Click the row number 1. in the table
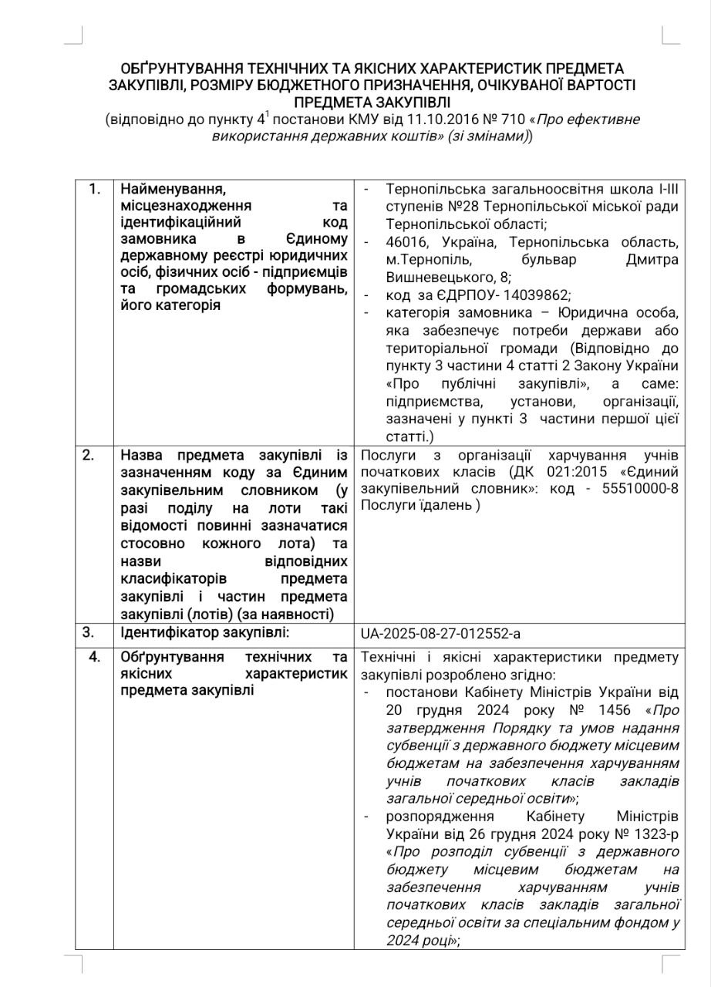coord(94,188)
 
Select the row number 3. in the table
coord(88,632)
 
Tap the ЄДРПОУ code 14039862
coord(479,295)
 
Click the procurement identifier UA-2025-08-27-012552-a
coord(440,633)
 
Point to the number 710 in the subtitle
coord(514,120)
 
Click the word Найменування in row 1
coord(172,188)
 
